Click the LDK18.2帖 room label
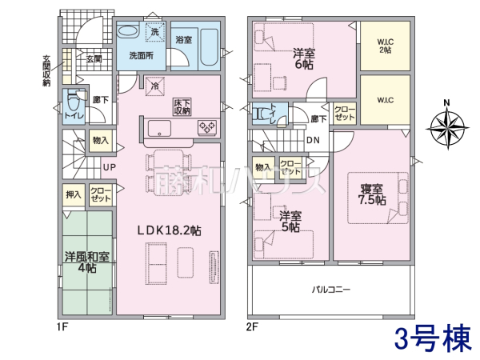(x=168, y=230)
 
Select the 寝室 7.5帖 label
(x=372, y=194)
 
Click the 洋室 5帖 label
(x=290, y=222)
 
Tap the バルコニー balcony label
(x=330, y=289)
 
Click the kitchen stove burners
(x=206, y=126)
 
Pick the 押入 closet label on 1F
(x=73, y=194)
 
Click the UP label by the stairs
(x=106, y=167)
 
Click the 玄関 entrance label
(x=94, y=58)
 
